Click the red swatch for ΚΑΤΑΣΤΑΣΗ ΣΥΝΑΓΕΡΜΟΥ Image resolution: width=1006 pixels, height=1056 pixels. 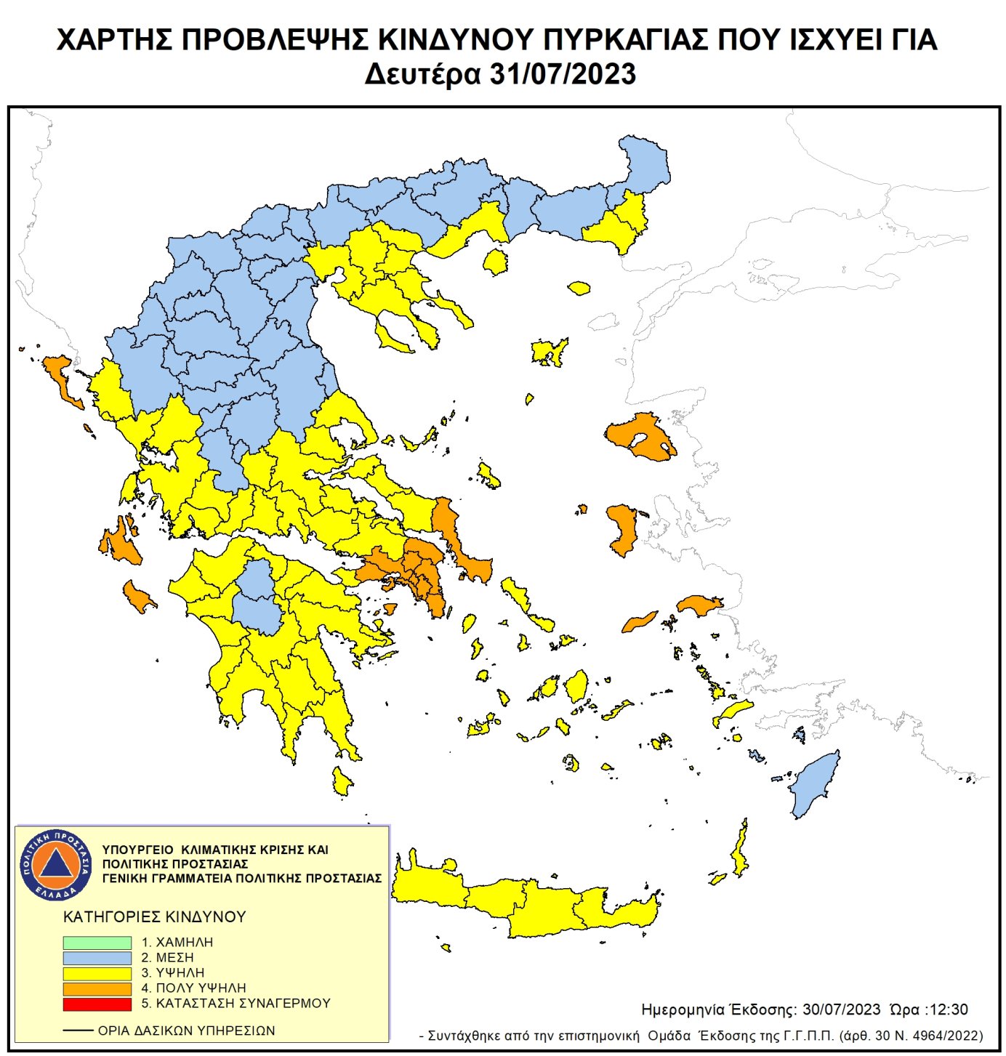[97, 1004]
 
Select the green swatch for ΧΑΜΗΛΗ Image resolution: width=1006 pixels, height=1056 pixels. [97, 942]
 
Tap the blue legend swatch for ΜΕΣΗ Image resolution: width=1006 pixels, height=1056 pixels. [97, 958]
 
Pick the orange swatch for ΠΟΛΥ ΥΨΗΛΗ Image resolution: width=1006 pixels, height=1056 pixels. [97, 988]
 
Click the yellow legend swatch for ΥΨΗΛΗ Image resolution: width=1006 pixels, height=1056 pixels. [97, 973]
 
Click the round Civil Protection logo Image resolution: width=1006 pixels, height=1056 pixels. [56, 864]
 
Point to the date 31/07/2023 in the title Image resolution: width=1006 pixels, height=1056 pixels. [562, 74]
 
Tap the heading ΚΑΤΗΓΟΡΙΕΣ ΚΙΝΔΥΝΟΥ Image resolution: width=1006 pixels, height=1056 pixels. [155, 916]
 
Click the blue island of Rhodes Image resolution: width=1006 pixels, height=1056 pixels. [814, 785]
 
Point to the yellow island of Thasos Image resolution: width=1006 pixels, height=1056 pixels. [496, 262]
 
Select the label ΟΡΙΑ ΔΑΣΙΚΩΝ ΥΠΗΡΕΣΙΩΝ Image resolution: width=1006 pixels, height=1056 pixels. [186, 1031]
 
